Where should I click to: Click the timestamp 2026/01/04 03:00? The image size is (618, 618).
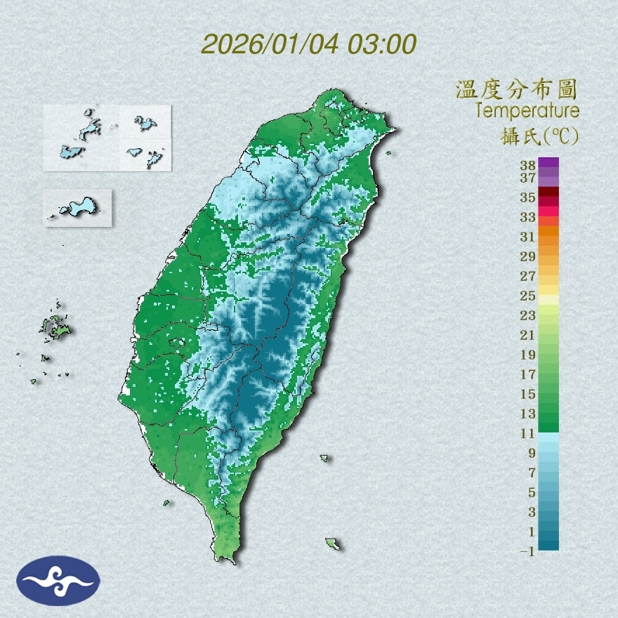pos(309,44)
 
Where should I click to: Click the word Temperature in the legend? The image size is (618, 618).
pos(527,111)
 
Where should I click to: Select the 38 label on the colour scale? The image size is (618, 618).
pos(528,166)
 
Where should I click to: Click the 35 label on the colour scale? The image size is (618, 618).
pos(528,197)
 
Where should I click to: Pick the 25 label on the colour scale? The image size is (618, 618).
pos(528,296)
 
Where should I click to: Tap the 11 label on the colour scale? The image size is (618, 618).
pos(528,433)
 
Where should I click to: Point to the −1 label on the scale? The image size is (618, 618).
pos(527,552)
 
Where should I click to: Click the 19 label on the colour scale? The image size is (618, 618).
pos(528,355)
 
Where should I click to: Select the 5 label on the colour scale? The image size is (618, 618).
pos(532,492)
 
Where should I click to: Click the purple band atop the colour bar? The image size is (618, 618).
pos(549,162)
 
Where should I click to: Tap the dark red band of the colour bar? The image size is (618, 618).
pos(549,192)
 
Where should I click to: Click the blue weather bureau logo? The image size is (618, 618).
pos(58,581)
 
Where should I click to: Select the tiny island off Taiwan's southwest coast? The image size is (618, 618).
pos(166,503)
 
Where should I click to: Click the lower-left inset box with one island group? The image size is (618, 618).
pos(77,207)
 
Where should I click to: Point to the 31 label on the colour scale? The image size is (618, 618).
pos(528,236)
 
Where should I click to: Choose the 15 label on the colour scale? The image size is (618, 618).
pos(528,394)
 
